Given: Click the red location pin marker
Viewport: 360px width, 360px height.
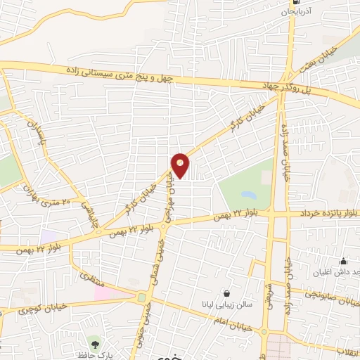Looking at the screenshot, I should click(181, 166).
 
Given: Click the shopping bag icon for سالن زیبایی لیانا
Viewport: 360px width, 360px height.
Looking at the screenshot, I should click(226, 292).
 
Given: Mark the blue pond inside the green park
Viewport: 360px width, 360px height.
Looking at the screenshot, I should click(247, 194).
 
